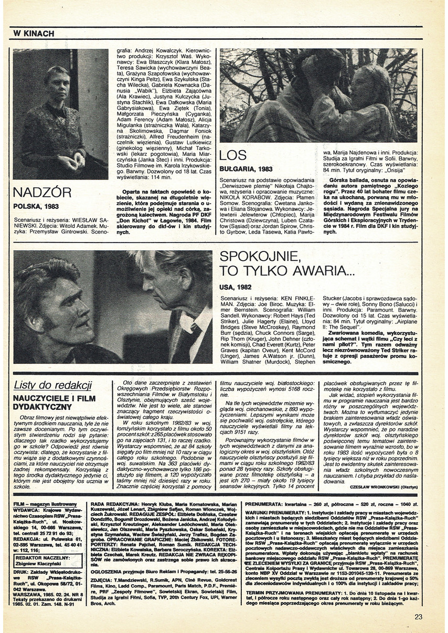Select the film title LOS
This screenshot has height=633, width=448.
(x=233, y=155)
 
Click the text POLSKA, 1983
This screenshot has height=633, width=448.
(x=37, y=207)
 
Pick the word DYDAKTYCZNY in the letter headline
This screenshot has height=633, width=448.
(x=42, y=406)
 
